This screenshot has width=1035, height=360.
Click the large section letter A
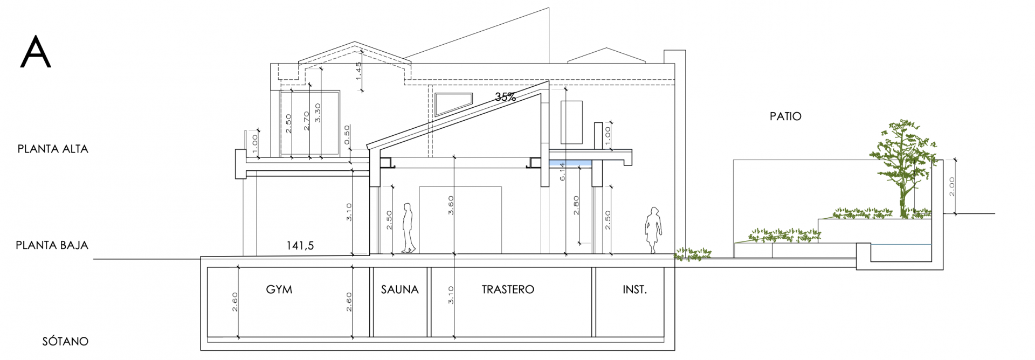pos(36,52)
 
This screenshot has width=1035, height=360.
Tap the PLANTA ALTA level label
pos(53,149)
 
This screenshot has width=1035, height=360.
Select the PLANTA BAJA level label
pos(52,245)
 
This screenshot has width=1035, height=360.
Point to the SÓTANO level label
pos(65,341)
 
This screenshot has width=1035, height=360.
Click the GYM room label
pos(279,289)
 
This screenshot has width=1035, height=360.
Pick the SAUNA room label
pos(400,289)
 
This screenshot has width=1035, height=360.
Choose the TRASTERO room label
pos(508,289)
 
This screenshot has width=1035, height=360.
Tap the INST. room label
pos(635,289)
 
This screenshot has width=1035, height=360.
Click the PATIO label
pos(785,116)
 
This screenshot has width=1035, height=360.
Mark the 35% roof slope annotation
pos(506,97)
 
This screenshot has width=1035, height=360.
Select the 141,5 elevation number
pos(300,246)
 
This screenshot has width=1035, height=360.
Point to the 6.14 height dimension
pos(562,171)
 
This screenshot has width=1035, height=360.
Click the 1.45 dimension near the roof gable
pos(358,71)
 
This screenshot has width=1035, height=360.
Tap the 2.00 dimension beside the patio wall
pos(951,186)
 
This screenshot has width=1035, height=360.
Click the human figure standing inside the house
pos(408,228)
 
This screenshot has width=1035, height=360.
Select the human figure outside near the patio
pos(653,230)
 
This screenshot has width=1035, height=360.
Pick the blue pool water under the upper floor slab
pos(570,163)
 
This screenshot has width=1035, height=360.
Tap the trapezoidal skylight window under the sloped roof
pos(453,104)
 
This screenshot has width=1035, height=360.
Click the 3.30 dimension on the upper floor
pos(318,113)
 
